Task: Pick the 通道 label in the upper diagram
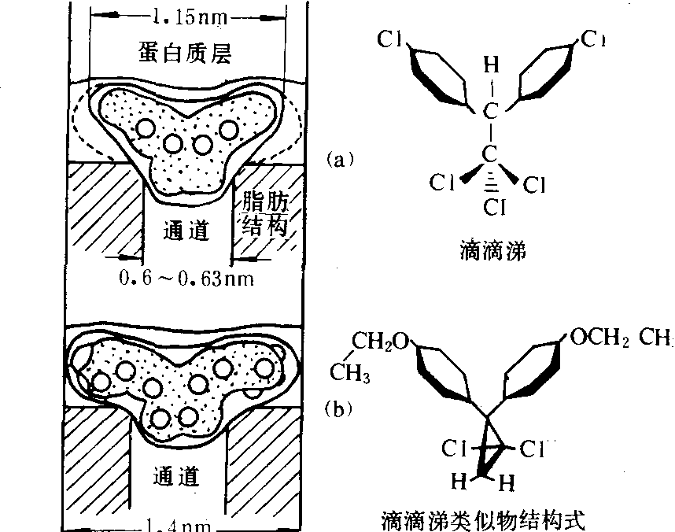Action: click(187, 230)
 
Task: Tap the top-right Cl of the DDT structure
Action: click(594, 38)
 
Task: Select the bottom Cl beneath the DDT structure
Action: click(492, 208)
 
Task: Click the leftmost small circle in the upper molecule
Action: click(144, 128)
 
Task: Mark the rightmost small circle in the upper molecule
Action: click(228, 127)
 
